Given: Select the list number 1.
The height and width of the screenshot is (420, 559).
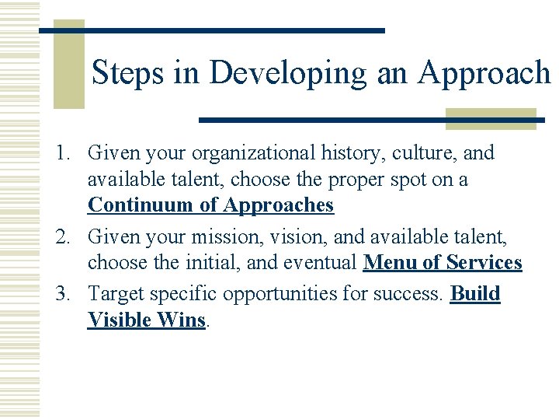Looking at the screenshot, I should (x=63, y=153).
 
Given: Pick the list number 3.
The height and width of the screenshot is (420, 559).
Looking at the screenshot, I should (x=63, y=294).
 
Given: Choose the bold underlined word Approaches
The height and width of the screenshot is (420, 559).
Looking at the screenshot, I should (x=278, y=205).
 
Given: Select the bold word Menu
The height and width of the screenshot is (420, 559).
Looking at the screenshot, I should (x=390, y=263).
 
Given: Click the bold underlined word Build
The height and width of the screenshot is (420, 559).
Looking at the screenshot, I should (x=475, y=294).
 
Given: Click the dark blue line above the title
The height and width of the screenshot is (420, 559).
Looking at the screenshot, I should (x=212, y=30).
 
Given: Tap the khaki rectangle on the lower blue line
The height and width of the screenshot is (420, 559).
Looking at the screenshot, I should (x=491, y=119).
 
